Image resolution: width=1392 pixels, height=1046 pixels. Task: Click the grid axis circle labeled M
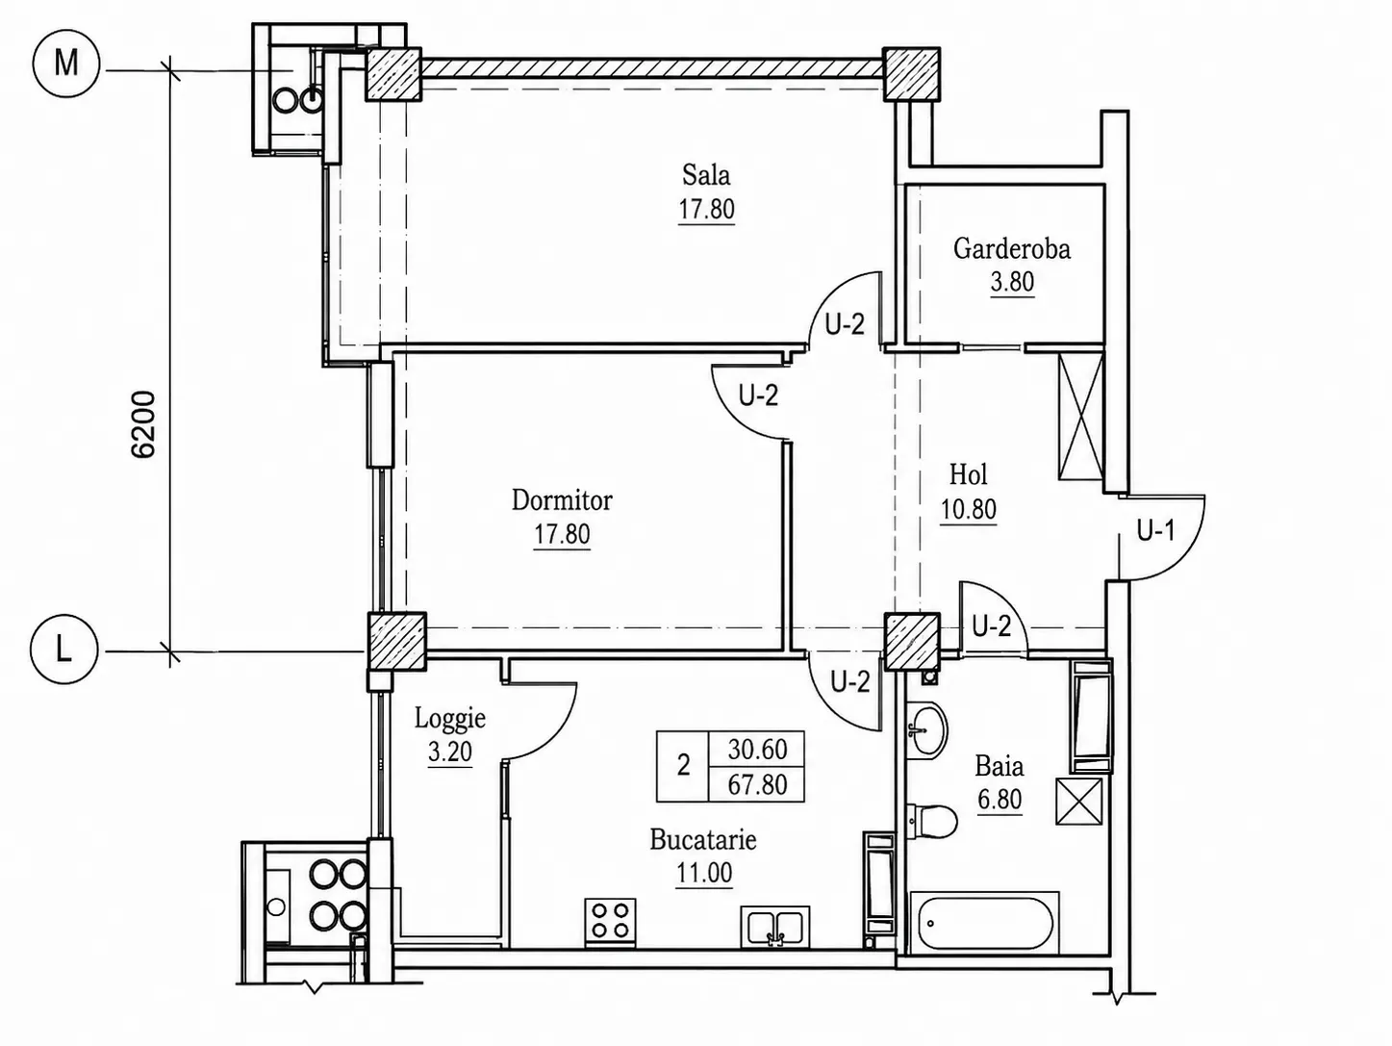click(66, 64)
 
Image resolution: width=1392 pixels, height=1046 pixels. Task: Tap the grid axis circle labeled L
click(63, 650)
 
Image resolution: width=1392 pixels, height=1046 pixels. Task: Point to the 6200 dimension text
click(142, 424)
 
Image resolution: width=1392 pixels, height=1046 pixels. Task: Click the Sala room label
click(706, 175)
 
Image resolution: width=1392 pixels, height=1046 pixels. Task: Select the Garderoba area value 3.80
click(1012, 282)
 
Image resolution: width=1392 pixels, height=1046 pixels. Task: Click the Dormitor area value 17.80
click(562, 534)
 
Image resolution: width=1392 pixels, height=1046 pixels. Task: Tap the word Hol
click(969, 474)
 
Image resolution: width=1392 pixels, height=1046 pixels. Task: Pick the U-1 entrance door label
click(1155, 530)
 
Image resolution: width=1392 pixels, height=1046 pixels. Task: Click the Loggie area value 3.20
click(450, 752)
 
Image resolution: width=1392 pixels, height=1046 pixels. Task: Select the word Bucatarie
click(703, 840)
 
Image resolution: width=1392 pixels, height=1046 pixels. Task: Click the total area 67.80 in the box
click(757, 784)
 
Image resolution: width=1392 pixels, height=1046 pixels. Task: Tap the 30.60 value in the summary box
click(757, 750)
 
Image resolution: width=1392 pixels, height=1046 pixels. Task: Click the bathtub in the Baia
click(983, 922)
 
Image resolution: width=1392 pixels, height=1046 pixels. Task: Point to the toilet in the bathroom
click(931, 822)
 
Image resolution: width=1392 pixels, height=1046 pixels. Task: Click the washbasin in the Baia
click(926, 729)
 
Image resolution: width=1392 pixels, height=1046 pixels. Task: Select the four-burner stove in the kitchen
click(610, 922)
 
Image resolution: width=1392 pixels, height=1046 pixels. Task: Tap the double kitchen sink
click(775, 927)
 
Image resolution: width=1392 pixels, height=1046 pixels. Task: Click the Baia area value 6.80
click(1000, 800)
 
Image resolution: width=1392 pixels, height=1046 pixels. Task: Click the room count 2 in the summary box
click(683, 766)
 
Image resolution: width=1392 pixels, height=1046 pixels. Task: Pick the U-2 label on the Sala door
click(845, 324)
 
